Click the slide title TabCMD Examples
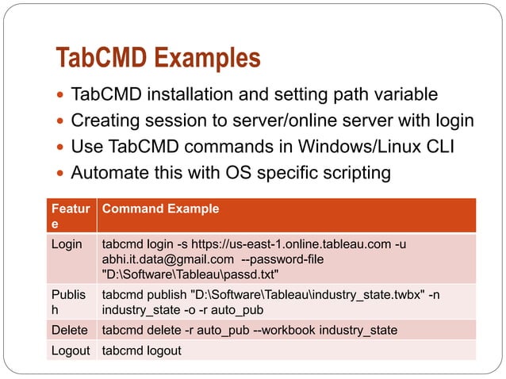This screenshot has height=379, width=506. (158, 58)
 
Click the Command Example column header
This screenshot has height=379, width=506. (160, 209)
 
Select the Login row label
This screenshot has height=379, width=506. (67, 244)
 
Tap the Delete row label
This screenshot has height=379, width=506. (69, 329)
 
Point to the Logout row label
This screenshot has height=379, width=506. (70, 350)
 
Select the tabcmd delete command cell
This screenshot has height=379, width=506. (248, 329)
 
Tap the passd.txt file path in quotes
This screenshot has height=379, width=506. (191, 274)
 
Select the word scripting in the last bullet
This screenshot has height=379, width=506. (358, 172)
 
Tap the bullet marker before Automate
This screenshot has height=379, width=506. (61, 173)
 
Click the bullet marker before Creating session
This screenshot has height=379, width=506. (61, 121)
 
